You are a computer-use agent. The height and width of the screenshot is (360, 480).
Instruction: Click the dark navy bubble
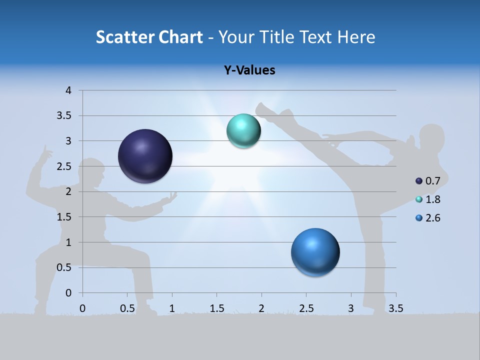(x=145, y=156)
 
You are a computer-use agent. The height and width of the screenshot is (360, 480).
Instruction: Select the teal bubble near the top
(x=243, y=130)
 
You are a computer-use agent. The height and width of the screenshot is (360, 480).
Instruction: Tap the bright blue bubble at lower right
(x=315, y=252)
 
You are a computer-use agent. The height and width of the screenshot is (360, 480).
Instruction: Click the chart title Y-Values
(x=249, y=70)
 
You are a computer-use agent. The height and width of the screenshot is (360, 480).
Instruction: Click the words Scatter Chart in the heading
(x=149, y=37)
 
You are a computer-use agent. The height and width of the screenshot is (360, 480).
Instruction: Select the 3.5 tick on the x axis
(x=395, y=308)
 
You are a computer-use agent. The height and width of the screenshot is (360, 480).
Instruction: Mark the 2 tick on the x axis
(x=261, y=308)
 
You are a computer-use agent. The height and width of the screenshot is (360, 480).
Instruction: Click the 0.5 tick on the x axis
(x=127, y=308)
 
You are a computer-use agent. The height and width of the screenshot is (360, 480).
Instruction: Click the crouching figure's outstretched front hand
(x=171, y=197)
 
